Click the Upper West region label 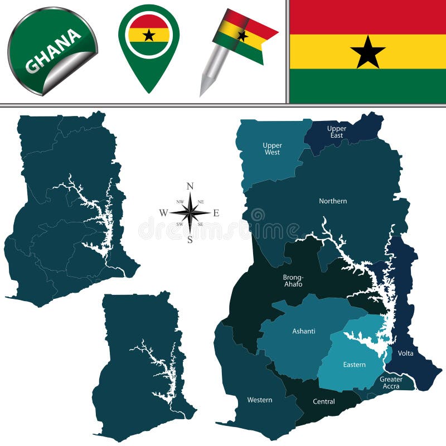272,149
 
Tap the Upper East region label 337,132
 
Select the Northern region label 333,201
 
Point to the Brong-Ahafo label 293,280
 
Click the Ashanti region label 304,331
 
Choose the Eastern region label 355,365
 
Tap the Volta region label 406,353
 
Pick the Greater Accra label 391,383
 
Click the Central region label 324,401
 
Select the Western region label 260,400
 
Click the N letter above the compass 190,186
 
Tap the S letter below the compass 190,240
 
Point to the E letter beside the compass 216,212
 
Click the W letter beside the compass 163,212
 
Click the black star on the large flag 368,52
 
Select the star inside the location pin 149,35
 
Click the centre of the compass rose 190,212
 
